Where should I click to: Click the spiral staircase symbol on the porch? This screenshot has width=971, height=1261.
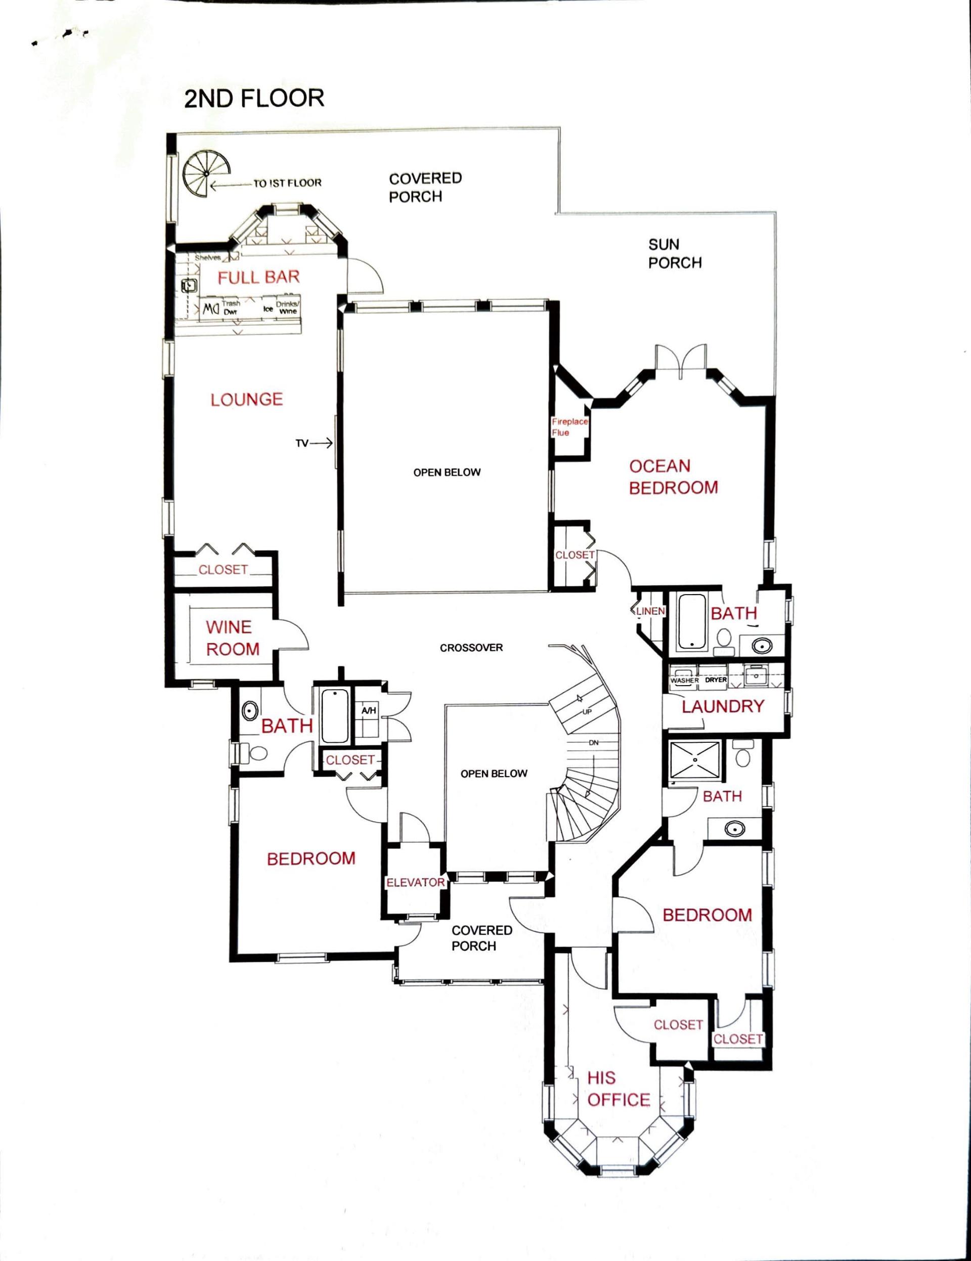tap(207, 173)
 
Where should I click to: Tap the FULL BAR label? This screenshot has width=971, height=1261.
tap(259, 277)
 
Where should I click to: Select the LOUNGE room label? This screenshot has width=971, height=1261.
tap(247, 399)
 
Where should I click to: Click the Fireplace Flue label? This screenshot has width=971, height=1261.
tap(569, 427)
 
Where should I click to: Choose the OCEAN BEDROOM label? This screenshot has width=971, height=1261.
tap(673, 476)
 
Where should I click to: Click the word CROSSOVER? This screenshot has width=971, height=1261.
tap(471, 648)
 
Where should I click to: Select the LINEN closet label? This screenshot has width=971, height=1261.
tap(651, 611)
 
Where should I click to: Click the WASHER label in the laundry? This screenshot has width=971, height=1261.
tap(684, 680)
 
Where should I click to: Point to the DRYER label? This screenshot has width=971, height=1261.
tap(716, 680)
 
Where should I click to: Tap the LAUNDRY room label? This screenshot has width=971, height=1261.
tap(723, 706)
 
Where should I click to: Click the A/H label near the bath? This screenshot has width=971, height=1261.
tap(369, 711)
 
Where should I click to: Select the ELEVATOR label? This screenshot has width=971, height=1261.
tap(415, 883)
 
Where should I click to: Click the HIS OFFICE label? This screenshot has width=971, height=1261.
tap(618, 1089)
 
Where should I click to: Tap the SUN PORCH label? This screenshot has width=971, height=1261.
tap(674, 253)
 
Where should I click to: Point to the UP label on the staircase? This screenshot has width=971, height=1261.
tap(587, 711)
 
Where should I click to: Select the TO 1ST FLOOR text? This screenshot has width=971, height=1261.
tap(287, 184)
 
